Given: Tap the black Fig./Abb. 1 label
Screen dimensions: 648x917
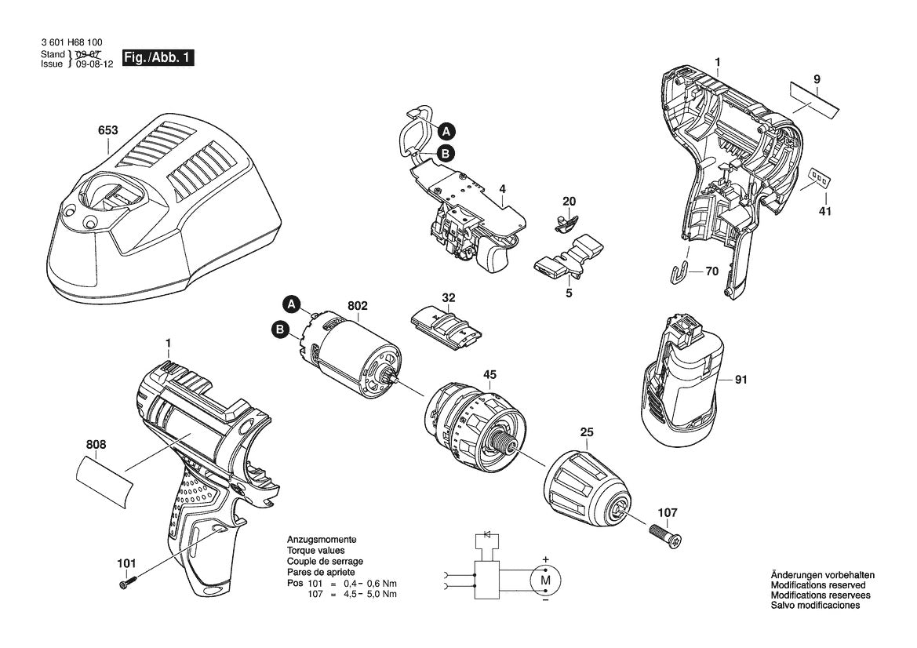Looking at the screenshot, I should click(x=157, y=58).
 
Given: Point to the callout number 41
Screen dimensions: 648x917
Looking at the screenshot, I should click(x=824, y=212).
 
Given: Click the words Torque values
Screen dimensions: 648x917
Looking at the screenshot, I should click(x=315, y=552).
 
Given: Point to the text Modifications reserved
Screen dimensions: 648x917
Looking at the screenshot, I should click(x=817, y=585).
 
